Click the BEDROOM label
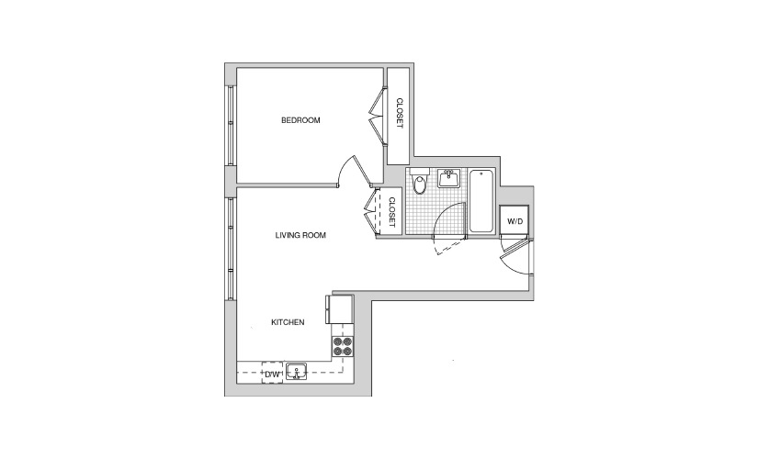300,120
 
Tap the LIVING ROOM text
300,235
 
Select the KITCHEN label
288,322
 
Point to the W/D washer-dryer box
515,221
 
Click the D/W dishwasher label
272,374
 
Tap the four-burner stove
343,347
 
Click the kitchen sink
296,372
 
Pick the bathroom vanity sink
449,178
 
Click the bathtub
482,201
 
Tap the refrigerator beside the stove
340,309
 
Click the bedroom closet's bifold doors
377,116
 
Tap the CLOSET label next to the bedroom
400,114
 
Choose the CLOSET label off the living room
392,213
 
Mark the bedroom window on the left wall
231,126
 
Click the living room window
231,249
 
